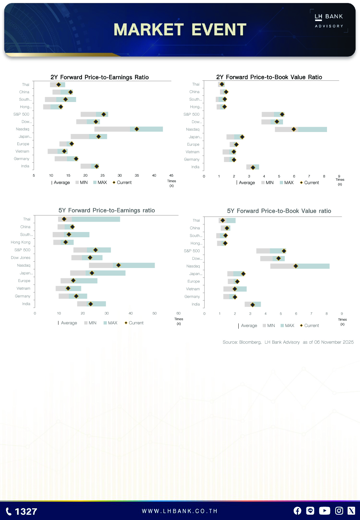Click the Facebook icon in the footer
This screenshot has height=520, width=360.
[297, 511]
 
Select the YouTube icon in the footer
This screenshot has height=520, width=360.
[324, 511]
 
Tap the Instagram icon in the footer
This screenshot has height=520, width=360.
[339, 511]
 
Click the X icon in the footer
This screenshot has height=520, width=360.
[351, 511]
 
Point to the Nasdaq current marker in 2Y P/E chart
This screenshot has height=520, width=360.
[137, 129]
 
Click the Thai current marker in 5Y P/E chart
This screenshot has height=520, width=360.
[64, 219]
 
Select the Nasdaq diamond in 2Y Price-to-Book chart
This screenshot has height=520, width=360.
[294, 129]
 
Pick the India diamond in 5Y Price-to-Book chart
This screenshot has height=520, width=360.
[253, 305]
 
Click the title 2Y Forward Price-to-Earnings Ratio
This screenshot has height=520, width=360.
[100, 77]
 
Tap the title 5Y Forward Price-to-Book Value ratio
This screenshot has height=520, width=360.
[279, 211]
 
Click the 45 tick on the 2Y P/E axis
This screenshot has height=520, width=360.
[171, 175]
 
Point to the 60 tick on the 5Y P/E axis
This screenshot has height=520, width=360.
[178, 313]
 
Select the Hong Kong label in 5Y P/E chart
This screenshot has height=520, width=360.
[21, 242]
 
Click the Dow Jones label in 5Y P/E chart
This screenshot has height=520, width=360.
[21, 258]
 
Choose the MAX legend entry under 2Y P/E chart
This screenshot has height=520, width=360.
[100, 183]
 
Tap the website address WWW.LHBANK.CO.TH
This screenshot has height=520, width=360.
[180, 511]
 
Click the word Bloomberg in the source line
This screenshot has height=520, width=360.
[250, 342]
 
